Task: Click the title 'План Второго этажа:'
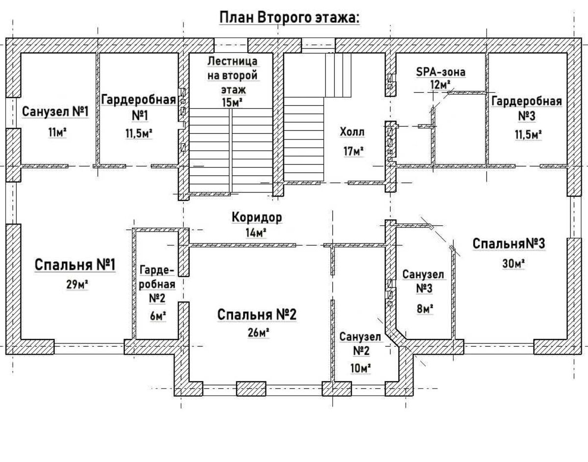[x=289, y=18]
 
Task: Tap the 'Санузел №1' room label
[x=55, y=112]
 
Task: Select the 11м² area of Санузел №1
[x=57, y=133]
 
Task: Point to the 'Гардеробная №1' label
[x=139, y=108]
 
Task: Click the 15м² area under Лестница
[x=232, y=102]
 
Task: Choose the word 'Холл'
[x=352, y=132]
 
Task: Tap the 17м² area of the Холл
[x=353, y=151]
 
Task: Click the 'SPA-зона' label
[x=441, y=72]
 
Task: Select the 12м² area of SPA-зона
[x=441, y=85]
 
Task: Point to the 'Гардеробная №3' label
[x=527, y=108]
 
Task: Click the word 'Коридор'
[x=257, y=218]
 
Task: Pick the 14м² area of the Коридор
[x=256, y=233]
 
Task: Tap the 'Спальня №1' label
[x=75, y=265]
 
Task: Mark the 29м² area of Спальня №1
[x=77, y=285]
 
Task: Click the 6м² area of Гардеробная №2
[x=158, y=316]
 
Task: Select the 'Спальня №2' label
[x=257, y=315]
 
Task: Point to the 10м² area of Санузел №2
[x=361, y=368]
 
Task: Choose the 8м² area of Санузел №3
[x=425, y=309]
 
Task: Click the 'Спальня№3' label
[x=509, y=243]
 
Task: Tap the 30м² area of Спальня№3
[x=514, y=264]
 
